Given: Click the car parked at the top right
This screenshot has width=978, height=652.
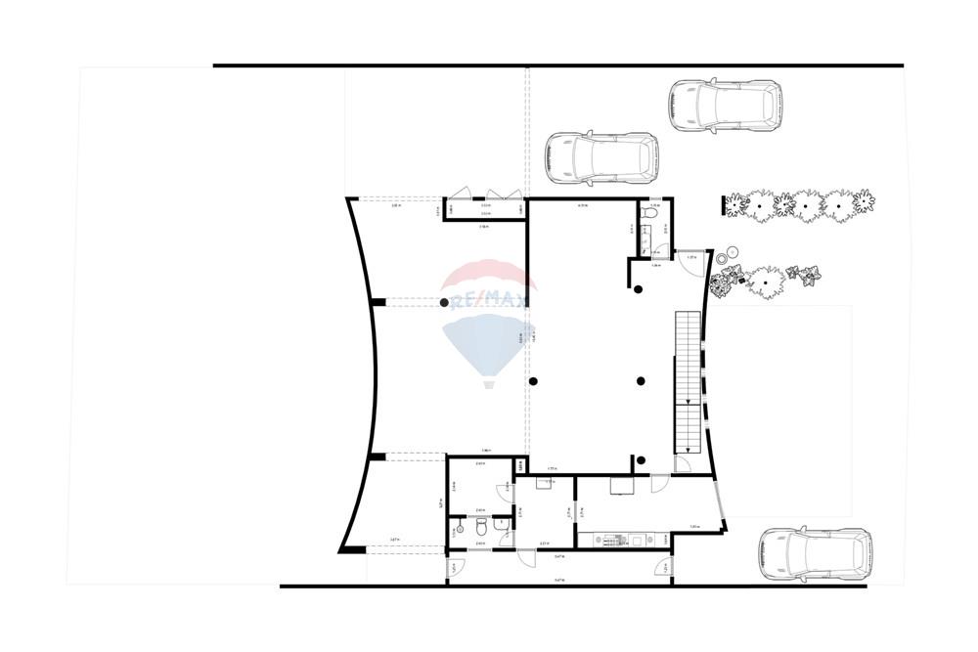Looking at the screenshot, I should point(725,106).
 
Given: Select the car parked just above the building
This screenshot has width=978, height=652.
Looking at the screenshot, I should point(600,157).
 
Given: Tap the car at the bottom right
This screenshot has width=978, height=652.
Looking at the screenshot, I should point(815,554).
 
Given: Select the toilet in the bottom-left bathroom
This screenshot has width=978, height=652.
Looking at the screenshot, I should point(480,529).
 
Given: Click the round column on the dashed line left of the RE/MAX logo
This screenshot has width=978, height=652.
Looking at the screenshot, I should point(445,303).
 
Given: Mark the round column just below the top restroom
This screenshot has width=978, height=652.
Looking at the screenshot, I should point(638,287).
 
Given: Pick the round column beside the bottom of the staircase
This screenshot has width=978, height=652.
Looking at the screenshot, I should point(640,459).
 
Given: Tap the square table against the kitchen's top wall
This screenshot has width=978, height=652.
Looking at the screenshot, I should point(622,485).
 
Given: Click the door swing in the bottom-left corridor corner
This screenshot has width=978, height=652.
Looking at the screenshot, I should point(455,567).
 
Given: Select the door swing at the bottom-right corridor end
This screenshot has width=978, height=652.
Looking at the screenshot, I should point(666,569).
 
